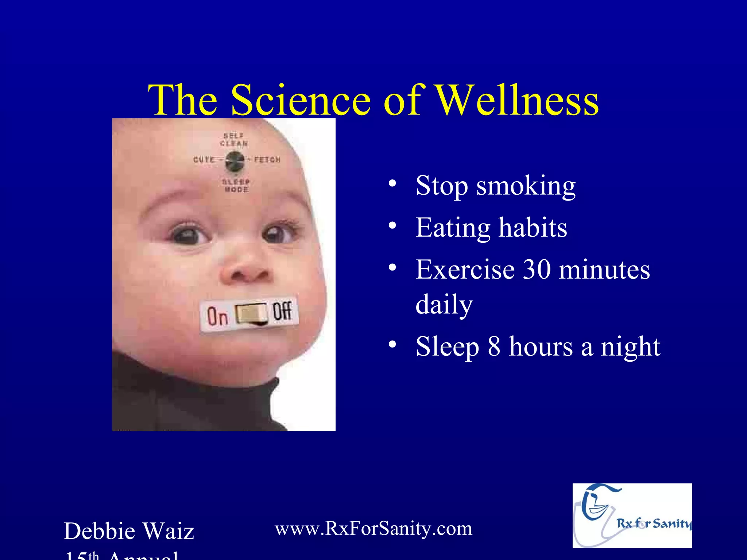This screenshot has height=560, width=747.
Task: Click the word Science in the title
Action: click(301, 100)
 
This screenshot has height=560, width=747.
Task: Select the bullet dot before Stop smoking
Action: click(392, 183)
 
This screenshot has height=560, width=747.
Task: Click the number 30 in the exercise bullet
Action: click(537, 270)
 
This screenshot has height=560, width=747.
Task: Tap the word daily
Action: click(444, 304)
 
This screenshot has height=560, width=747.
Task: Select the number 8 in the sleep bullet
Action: click(494, 346)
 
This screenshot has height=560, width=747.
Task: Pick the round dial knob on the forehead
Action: click(234, 161)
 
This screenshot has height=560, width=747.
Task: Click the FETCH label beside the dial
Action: click(267, 160)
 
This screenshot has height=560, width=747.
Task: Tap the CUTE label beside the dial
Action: click(204, 160)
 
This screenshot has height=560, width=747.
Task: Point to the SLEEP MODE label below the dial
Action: click(236, 186)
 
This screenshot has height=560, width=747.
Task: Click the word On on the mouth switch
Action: click(218, 316)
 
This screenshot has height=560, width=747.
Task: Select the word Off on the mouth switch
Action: click(282, 311)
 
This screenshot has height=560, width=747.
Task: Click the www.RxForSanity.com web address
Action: click(373, 528)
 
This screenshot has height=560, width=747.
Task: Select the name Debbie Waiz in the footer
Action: click(129, 531)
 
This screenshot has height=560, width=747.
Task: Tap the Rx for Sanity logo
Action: click(632, 515)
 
